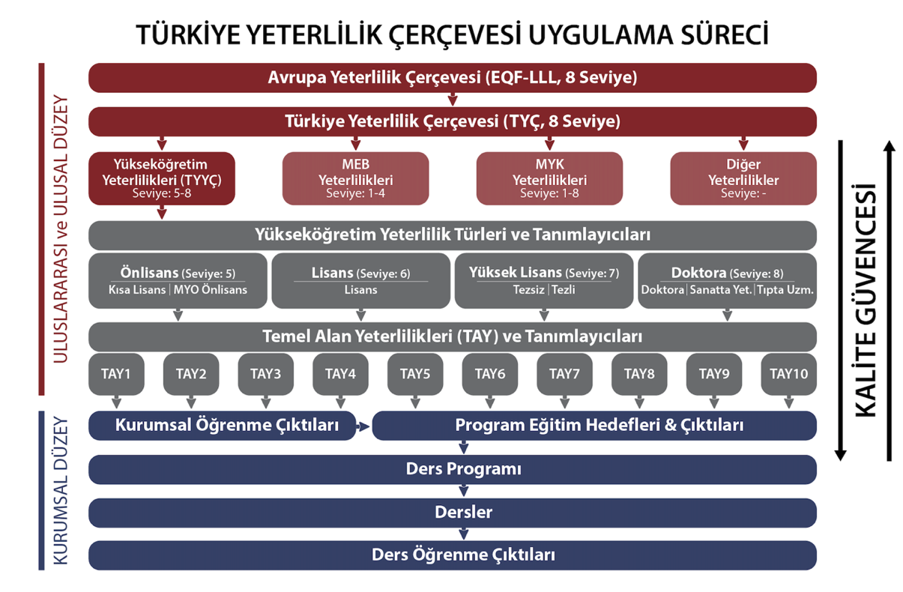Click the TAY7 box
pyautogui.click(x=564, y=374)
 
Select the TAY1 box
pyautogui.click(x=116, y=374)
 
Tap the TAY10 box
pyautogui.click(x=788, y=374)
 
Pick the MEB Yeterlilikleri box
pyautogui.click(x=355, y=178)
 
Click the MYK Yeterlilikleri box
pyautogui.click(x=549, y=178)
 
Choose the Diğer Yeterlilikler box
pyautogui.click(x=743, y=178)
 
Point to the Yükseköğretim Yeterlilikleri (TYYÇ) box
pyautogui.click(x=162, y=178)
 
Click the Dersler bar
pyautogui.click(x=453, y=513)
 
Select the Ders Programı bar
pyautogui.click(x=453, y=470)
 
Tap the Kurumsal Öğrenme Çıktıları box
pyautogui.click(x=222, y=426)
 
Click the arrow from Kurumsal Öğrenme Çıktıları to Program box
pyautogui.click(x=363, y=426)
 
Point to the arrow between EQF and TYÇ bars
pyautogui.click(x=453, y=100)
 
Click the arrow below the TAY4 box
pyautogui.click(x=341, y=402)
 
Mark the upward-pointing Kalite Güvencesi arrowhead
pyautogui.click(x=890, y=146)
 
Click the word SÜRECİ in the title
pyautogui.click(x=725, y=34)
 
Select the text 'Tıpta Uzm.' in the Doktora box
pyautogui.click(x=785, y=290)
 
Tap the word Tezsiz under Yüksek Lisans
pyautogui.click(x=528, y=290)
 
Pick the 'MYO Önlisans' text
pyautogui.click(x=210, y=290)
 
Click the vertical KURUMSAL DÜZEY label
pyautogui.click(x=61, y=491)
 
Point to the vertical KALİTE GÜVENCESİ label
pyautogui.click(x=865, y=300)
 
